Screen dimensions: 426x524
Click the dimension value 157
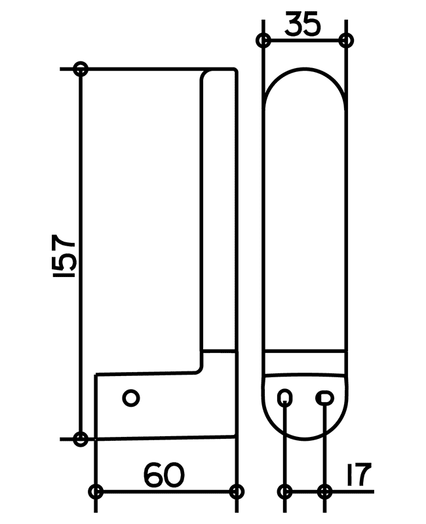click(64, 255)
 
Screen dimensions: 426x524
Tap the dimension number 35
click(303, 24)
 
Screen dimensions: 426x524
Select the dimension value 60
click(164, 474)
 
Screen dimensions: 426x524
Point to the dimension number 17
click(358, 474)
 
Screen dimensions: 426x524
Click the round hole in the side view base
click(131, 398)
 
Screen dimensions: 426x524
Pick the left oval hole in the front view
click(285, 398)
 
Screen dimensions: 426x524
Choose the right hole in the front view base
click(324, 398)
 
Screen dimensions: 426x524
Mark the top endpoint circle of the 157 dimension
click(81, 69)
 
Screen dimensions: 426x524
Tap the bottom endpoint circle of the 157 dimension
click(81, 439)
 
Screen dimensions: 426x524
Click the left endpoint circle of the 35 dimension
click(263, 41)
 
